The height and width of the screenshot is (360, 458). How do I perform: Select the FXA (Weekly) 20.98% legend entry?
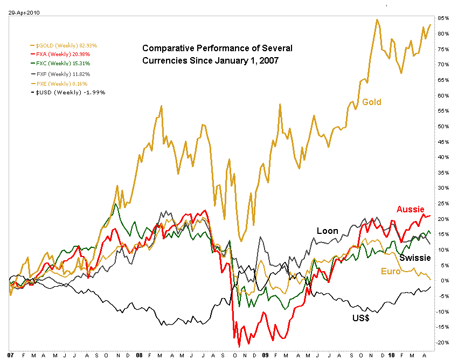click(64, 54)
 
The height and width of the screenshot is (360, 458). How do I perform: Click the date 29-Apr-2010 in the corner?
click(19, 11)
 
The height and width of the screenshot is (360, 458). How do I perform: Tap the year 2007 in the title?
click(268, 60)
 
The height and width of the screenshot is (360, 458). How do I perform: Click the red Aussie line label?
click(410, 209)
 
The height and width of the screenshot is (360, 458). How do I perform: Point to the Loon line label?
click(327, 231)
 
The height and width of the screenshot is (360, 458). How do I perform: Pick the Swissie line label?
click(415, 257)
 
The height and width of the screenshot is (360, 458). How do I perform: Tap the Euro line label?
click(390, 271)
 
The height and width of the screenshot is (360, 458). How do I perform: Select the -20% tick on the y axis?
click(444, 343)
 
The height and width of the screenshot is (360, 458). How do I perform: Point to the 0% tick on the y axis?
click(444, 281)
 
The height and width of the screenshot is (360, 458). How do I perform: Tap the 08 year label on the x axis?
click(140, 356)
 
